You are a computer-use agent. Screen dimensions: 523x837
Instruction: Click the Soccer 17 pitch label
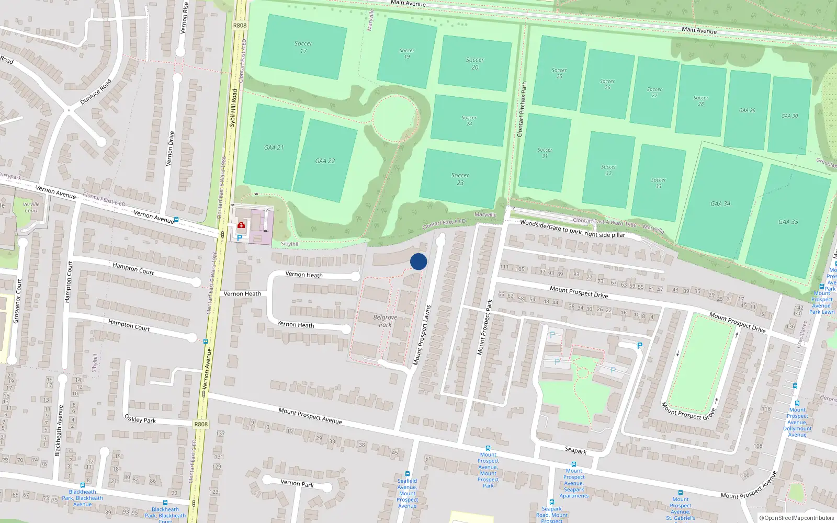(303, 47)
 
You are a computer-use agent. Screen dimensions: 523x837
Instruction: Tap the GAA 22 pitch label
(325, 161)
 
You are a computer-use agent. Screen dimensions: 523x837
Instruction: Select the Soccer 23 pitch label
(460, 179)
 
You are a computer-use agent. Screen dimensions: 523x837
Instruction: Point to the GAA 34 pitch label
(720, 204)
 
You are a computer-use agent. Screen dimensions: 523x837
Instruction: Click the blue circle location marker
(418, 261)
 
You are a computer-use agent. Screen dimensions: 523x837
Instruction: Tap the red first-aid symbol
(241, 225)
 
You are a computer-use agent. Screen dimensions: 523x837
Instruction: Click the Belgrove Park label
(385, 321)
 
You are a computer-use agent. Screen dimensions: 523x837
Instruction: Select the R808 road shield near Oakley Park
(201, 424)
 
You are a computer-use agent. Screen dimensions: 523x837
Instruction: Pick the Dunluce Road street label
(96, 92)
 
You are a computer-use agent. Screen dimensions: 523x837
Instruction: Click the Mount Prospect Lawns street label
(422, 335)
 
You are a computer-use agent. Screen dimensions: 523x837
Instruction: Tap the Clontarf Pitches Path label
(522, 109)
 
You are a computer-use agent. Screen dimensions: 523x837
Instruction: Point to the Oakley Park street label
(140, 419)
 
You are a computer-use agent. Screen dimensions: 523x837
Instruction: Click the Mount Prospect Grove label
(688, 411)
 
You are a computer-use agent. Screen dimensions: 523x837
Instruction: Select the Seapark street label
(575, 450)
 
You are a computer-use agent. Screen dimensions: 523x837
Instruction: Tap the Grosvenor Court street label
(17, 301)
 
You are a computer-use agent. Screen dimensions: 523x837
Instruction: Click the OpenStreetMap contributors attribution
(797, 518)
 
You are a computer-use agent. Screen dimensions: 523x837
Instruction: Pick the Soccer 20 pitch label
(475, 63)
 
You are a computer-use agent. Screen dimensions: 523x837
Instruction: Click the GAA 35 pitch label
(788, 222)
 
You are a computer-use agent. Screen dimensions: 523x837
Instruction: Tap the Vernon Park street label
(297, 483)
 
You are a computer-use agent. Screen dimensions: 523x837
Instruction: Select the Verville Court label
(31, 208)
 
